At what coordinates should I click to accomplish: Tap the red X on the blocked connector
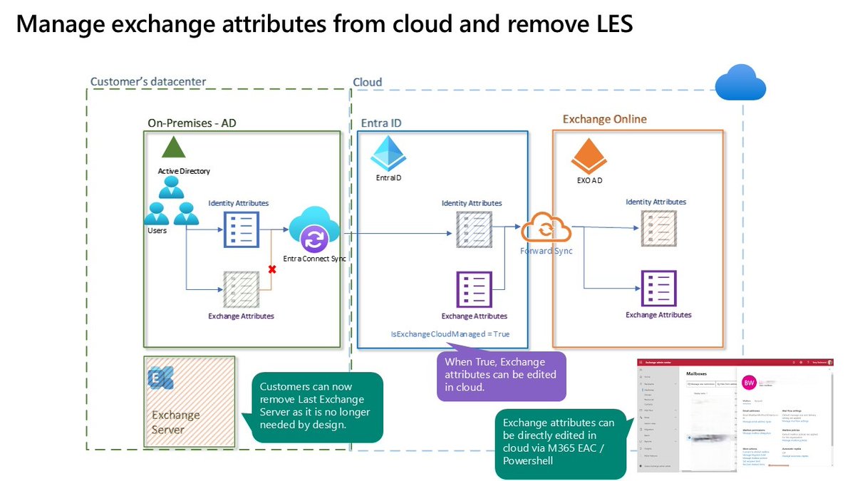(x=271, y=269)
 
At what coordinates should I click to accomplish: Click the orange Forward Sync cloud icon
(x=546, y=230)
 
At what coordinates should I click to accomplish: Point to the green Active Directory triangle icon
(x=172, y=148)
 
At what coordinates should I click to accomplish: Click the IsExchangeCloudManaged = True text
(x=450, y=333)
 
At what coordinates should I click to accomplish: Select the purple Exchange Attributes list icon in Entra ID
(x=474, y=289)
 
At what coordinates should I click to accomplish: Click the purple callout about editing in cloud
(x=500, y=375)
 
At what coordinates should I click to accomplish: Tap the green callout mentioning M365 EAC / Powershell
(x=561, y=443)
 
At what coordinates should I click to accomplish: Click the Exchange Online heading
(x=605, y=119)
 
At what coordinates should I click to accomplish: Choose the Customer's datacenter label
(x=148, y=81)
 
